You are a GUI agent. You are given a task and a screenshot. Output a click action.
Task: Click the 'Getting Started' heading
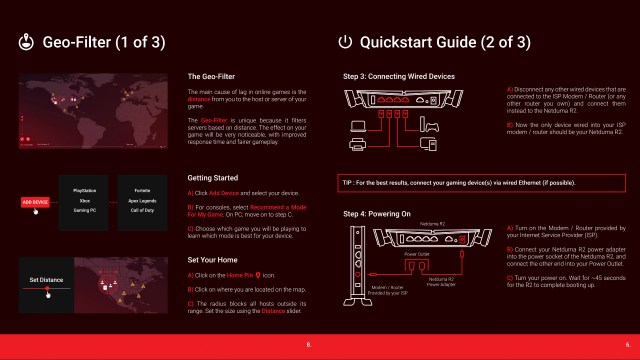pyautogui.click(x=214, y=175)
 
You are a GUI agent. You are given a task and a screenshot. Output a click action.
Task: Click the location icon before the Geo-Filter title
pyautogui.click(x=25, y=42)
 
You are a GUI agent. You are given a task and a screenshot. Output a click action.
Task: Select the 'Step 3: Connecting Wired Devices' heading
pyautogui.click(x=398, y=76)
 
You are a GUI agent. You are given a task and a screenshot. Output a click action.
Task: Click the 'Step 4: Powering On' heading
pyautogui.click(x=377, y=214)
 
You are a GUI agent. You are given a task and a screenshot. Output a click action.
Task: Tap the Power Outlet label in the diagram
pyautogui.click(x=416, y=254)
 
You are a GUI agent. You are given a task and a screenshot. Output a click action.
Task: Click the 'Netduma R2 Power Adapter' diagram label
pyautogui.click(x=441, y=281)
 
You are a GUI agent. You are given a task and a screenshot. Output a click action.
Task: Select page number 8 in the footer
pyautogui.click(x=310, y=343)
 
